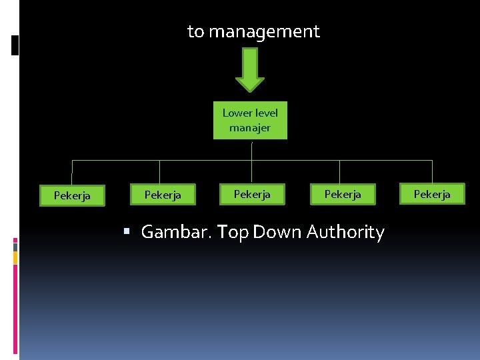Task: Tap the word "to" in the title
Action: click(x=196, y=31)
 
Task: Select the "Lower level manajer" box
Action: click(x=250, y=121)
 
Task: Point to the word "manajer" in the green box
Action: click(x=250, y=128)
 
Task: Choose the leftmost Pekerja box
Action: click(x=72, y=196)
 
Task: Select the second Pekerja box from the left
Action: click(x=163, y=194)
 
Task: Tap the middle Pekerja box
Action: click(x=252, y=193)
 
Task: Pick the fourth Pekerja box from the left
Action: click(x=343, y=193)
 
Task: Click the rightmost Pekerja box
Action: click(x=432, y=193)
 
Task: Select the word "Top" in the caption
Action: click(x=232, y=232)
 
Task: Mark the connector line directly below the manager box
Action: click(x=251, y=150)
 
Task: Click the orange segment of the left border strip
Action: click(x=15, y=257)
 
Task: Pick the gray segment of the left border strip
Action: click(x=15, y=246)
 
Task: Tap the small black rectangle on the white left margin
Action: click(x=15, y=45)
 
